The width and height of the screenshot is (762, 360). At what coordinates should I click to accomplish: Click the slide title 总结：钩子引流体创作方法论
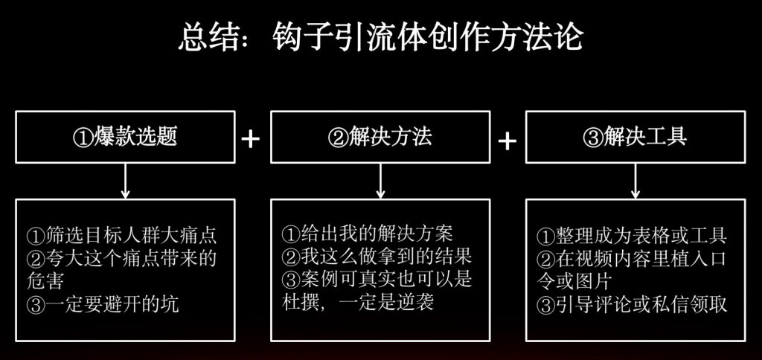[380, 36]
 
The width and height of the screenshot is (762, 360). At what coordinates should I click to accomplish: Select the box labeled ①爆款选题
[125, 137]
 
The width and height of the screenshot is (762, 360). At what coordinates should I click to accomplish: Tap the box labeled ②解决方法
[380, 137]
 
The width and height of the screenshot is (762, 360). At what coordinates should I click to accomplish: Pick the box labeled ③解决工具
[635, 137]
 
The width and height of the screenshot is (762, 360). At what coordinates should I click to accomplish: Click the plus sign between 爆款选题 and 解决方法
[252, 138]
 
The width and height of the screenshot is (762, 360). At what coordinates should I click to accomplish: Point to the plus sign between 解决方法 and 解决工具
[507, 140]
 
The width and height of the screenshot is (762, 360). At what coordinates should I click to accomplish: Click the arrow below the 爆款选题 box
[125, 181]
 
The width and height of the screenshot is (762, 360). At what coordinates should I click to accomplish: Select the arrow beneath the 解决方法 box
[380, 181]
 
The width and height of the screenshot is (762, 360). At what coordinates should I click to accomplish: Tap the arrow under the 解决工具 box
[635, 181]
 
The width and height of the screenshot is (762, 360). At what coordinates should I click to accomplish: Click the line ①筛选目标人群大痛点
[121, 237]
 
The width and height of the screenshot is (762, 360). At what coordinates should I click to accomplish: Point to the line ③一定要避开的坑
[103, 305]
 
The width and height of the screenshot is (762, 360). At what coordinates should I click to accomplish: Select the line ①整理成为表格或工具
[632, 237]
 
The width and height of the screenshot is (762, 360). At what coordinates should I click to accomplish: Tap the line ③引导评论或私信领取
[632, 305]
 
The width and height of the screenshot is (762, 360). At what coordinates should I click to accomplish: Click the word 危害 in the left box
[45, 282]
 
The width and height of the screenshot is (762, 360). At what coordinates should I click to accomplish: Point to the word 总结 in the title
[202, 36]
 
